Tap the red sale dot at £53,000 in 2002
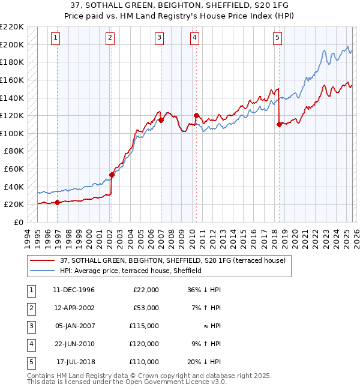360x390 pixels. (x=112, y=175)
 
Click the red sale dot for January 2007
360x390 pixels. (x=161, y=120)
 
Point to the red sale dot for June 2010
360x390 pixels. (x=196, y=115)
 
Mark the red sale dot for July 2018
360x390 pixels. (x=279, y=124)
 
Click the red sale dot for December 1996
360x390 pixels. (x=57, y=202)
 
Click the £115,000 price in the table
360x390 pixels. (x=144, y=326)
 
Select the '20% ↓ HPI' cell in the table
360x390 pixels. (x=203, y=362)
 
